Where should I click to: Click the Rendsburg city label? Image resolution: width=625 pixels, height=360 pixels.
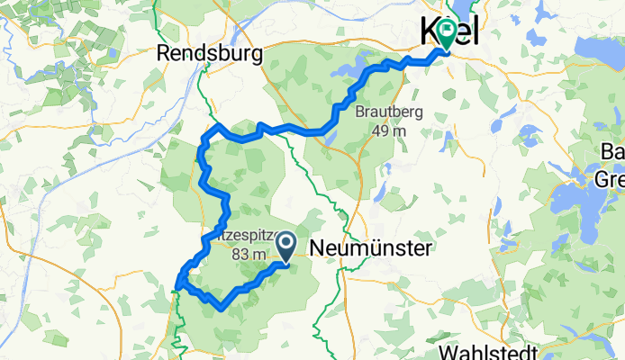[x=210, y=53]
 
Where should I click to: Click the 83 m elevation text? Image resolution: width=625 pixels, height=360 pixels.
[x=249, y=255]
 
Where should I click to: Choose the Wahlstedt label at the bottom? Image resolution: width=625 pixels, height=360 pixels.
[x=490, y=350]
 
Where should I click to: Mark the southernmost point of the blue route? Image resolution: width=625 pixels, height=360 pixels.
[x=222, y=308]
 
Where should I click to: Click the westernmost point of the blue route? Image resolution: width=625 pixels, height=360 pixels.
[x=176, y=287]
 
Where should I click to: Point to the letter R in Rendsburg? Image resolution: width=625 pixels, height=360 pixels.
[x=164, y=54]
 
